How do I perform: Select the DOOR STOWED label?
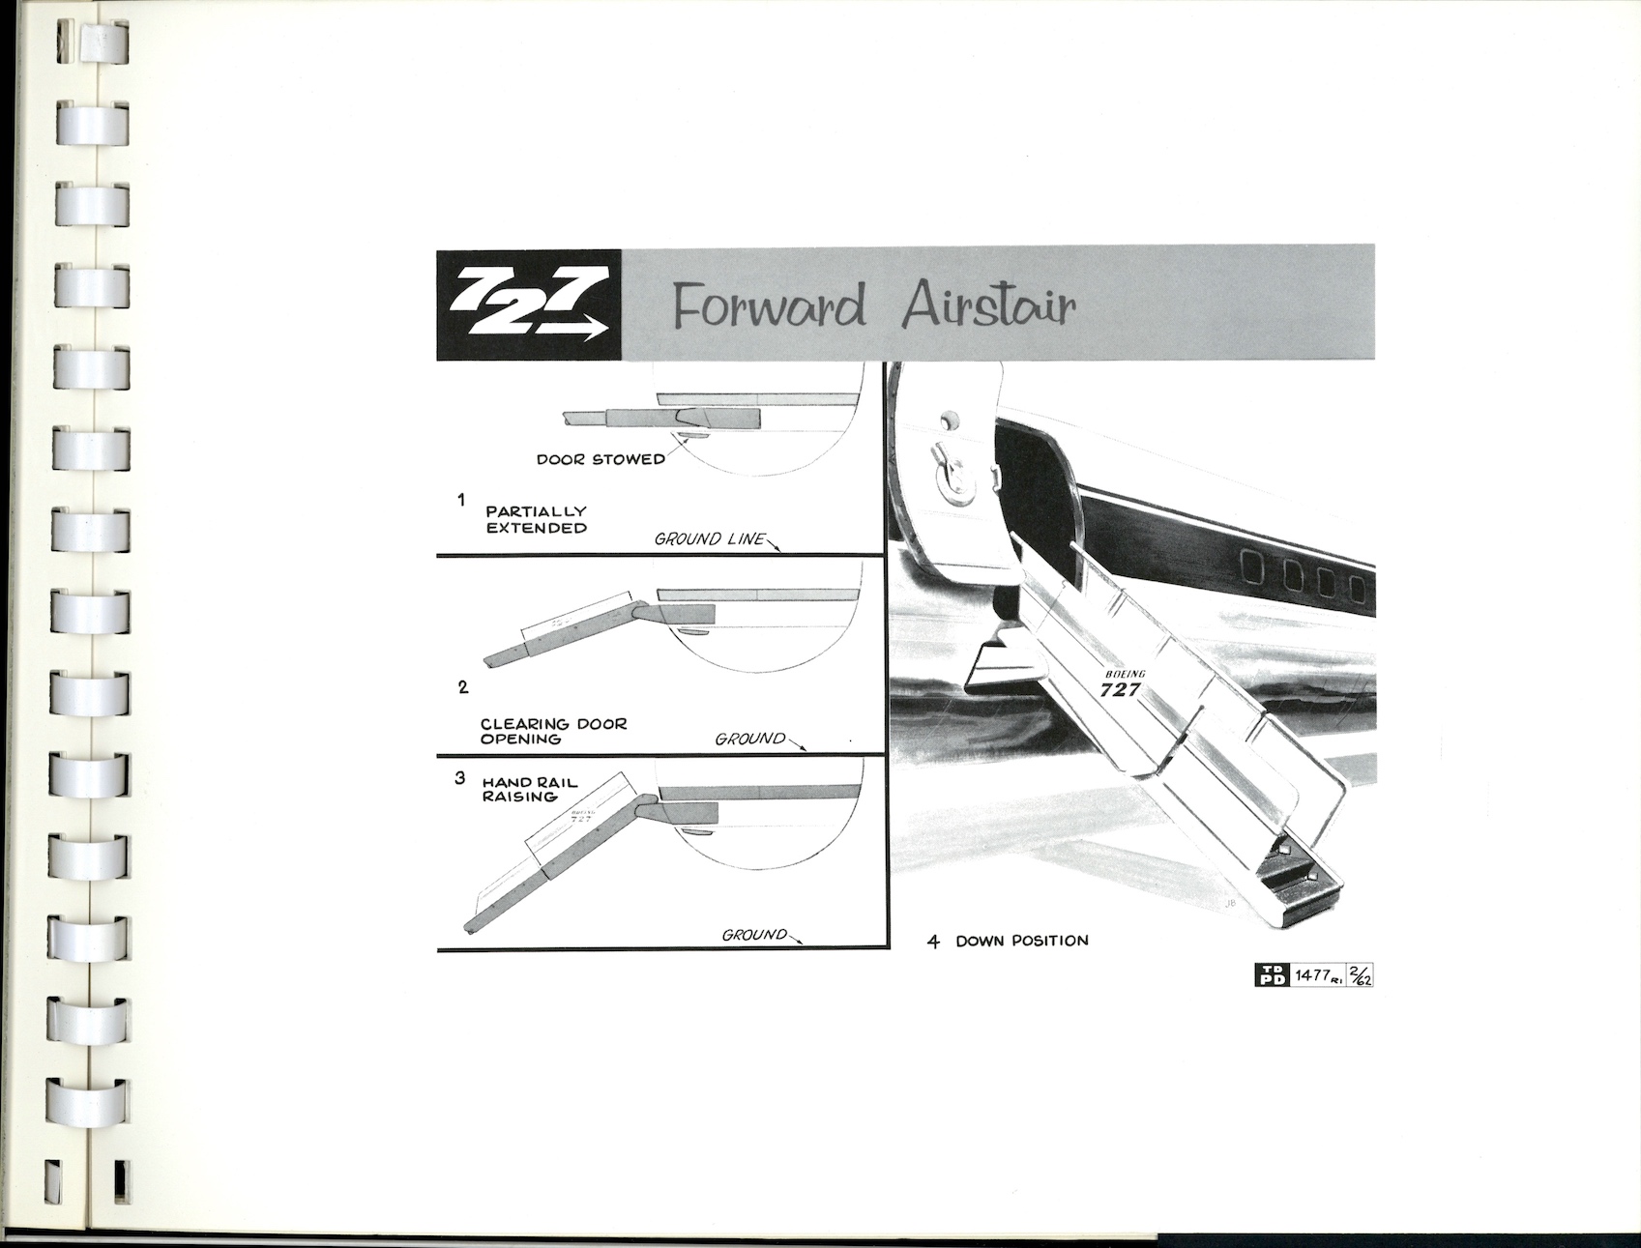[x=601, y=459]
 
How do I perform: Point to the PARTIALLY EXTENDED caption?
[x=536, y=519]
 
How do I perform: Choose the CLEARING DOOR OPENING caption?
[x=553, y=731]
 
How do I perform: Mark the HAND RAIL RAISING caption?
[x=529, y=789]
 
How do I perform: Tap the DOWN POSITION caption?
[x=1021, y=941]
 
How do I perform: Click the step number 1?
[x=462, y=500]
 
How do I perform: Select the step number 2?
[x=463, y=687]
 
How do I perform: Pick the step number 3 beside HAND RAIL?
[x=460, y=777]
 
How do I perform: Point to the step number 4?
[x=933, y=942]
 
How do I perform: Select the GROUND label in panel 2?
[x=749, y=739]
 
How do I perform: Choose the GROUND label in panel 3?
[x=754, y=935]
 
